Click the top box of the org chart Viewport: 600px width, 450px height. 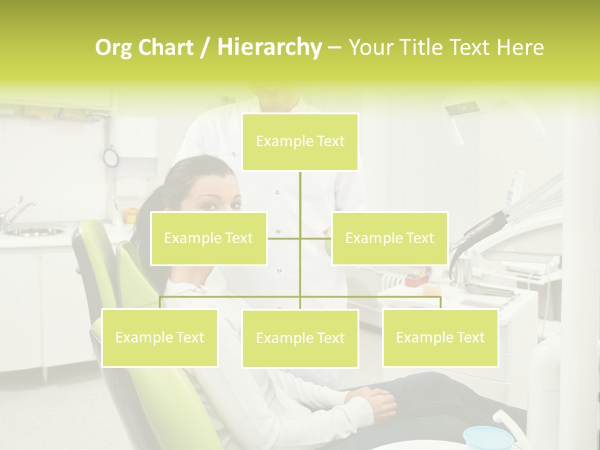click(300, 142)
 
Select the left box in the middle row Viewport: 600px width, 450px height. click(209, 238)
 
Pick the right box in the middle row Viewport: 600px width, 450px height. click(389, 238)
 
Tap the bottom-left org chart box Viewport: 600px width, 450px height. click(159, 337)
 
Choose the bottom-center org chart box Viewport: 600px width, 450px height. click(300, 338)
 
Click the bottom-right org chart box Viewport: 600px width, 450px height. click(440, 337)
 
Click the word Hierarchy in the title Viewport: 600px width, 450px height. click(269, 47)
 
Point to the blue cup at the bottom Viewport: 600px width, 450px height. click(486, 437)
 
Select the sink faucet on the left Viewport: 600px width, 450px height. click(15, 213)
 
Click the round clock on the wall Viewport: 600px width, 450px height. click(111, 157)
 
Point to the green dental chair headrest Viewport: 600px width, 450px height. click(94, 250)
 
